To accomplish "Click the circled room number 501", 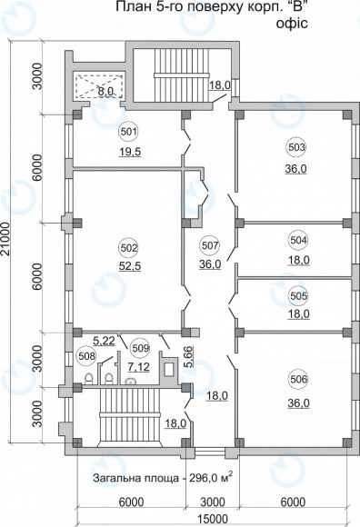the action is (129, 132).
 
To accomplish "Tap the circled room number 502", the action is (129, 248).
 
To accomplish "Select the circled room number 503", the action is (296, 147).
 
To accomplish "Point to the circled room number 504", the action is (298, 240).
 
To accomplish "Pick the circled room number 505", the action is (298, 296).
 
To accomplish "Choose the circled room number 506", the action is (298, 380).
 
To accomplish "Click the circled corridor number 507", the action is (210, 245).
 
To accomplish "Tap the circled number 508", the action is (86, 355).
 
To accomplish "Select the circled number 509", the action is (140, 348).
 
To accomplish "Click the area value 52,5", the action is (130, 266).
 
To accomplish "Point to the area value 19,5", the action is (130, 152).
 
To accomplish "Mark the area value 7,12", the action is (138, 367).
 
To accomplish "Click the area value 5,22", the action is (104, 341).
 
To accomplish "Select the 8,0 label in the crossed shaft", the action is (105, 91).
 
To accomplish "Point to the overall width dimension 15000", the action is (211, 519).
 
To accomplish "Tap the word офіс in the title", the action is (292, 24).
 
